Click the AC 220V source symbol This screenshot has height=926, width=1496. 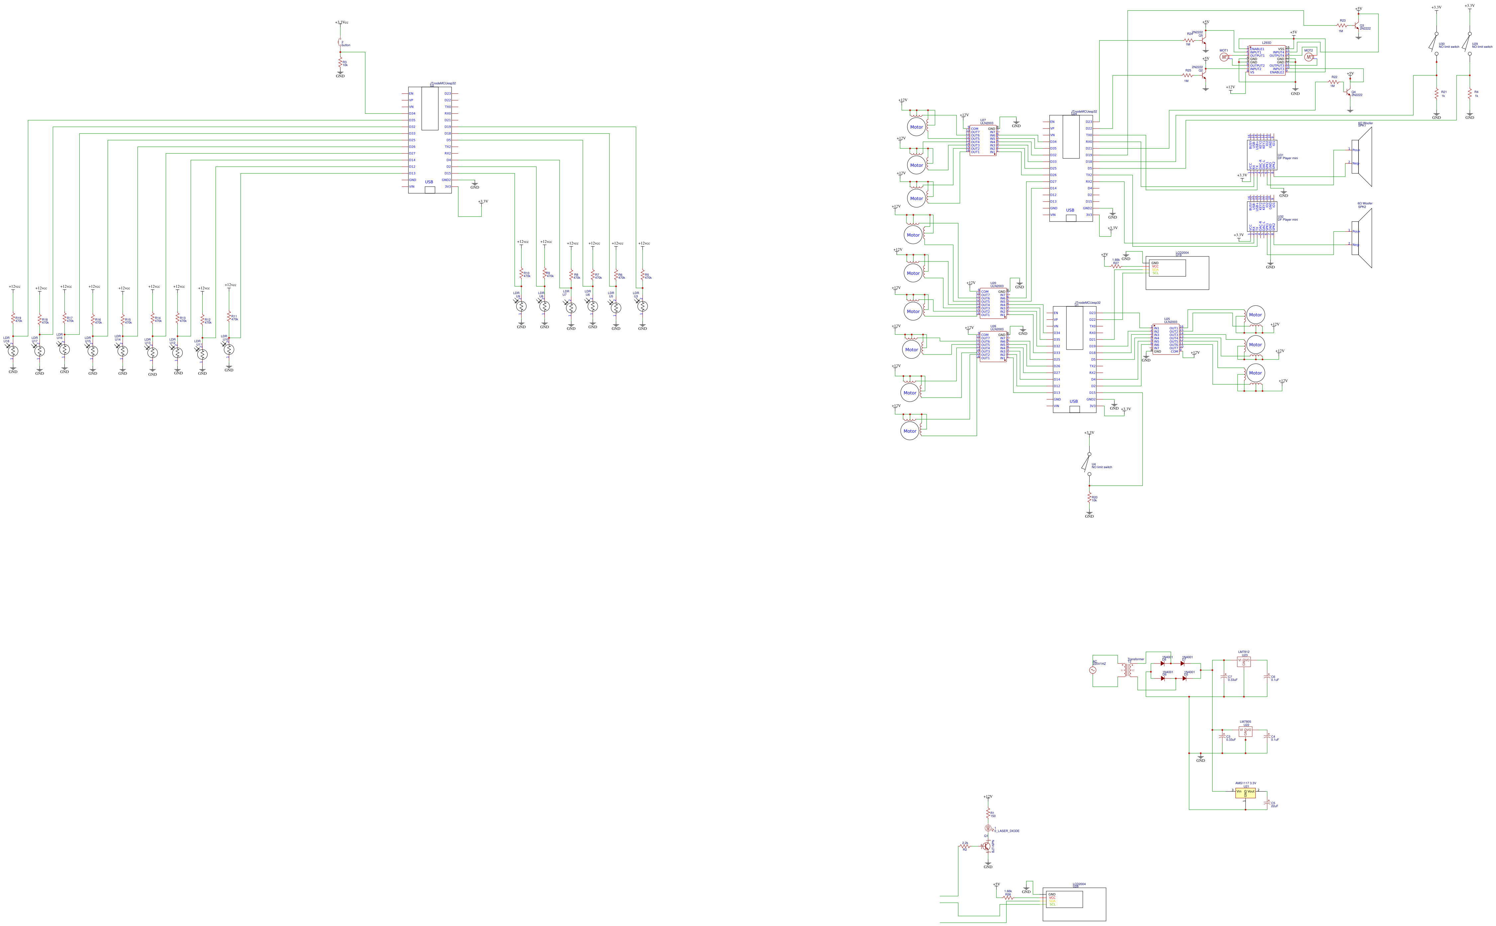(1093, 670)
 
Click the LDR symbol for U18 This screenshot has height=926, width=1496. (13, 351)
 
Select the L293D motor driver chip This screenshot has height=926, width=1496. (1266, 60)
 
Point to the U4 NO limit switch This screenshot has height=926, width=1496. (1088, 463)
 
